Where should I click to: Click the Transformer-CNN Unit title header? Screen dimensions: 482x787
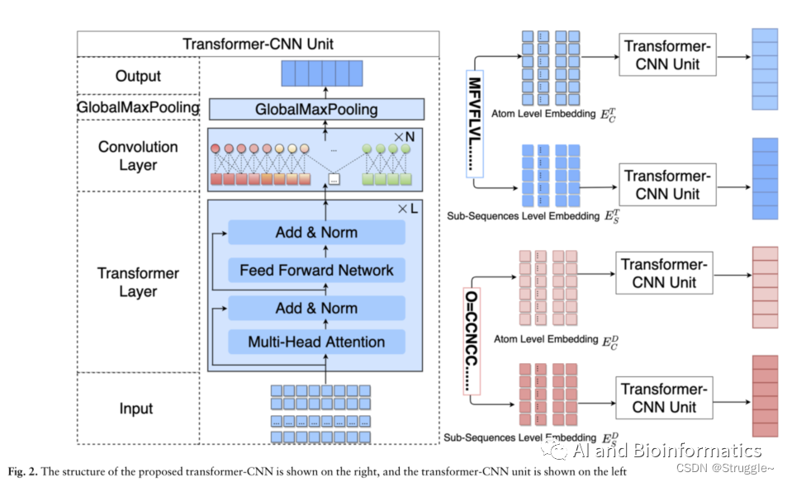pos(258,44)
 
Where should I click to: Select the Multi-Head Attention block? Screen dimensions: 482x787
pos(317,342)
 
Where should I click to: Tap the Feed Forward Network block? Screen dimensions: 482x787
pos(317,270)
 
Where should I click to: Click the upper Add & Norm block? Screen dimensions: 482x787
pos(317,232)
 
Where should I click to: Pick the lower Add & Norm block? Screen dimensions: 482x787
pos(317,308)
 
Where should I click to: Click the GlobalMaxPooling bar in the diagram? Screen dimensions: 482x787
pos(316,109)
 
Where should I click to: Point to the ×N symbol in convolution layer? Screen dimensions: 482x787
pos(404,136)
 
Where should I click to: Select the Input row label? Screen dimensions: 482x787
pos(136,409)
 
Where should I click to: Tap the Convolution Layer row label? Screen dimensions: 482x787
pos(138,155)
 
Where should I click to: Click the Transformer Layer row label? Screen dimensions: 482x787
pos(138,282)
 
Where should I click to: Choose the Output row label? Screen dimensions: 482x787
pos(138,76)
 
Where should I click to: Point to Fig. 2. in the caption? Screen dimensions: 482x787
pos(24,472)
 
